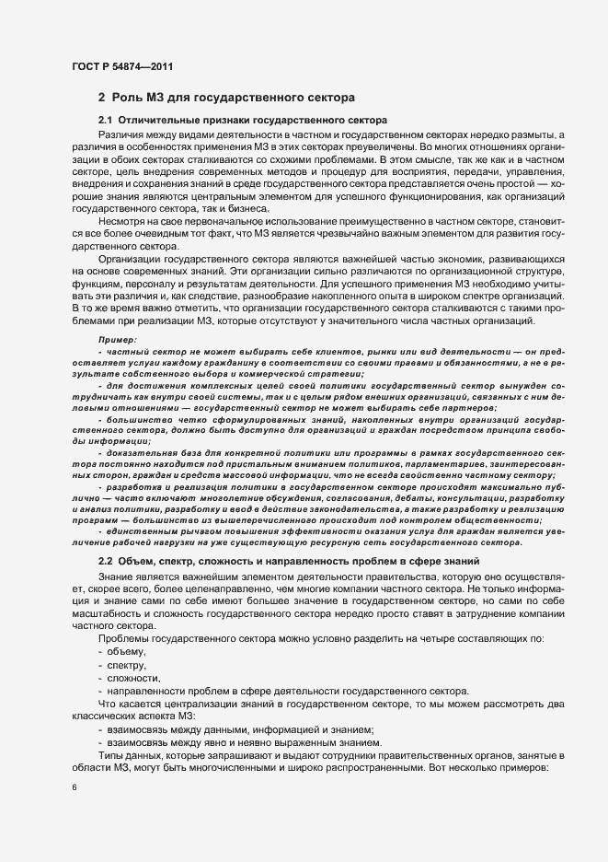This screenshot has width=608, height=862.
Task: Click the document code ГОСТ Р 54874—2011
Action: click(121, 66)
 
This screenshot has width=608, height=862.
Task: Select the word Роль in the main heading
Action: click(129, 98)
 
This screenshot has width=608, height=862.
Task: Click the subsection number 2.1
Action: click(105, 121)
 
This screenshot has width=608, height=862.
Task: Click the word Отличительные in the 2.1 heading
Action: click(155, 121)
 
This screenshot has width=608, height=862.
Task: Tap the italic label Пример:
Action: click(117, 340)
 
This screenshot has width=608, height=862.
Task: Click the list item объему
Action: click(128, 651)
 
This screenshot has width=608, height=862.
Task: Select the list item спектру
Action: click(130, 665)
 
